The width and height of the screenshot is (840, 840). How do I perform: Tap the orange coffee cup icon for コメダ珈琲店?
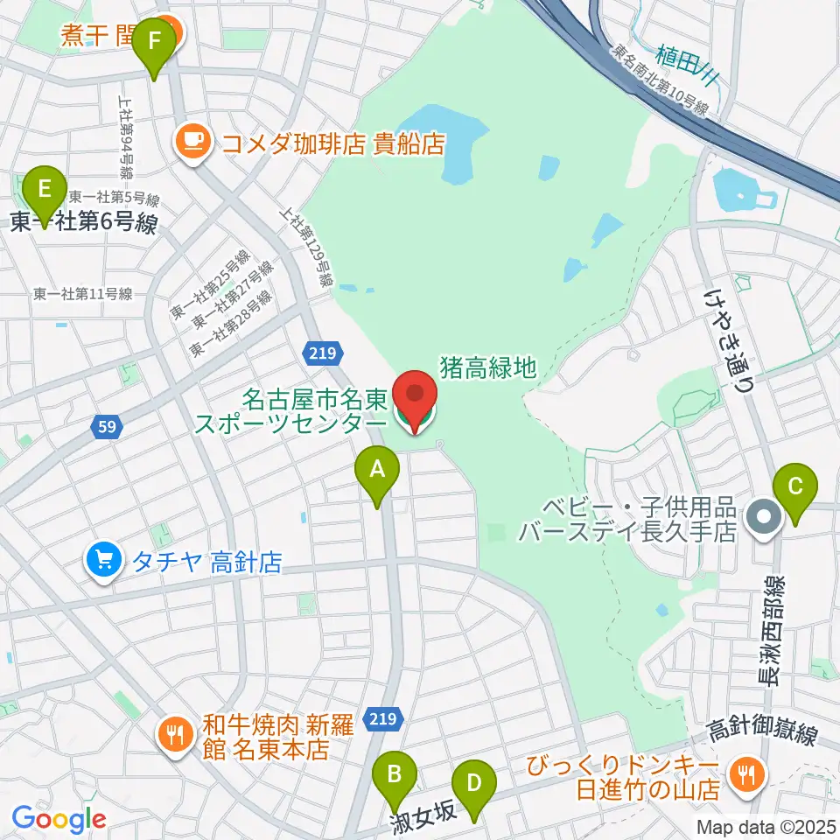point(192,140)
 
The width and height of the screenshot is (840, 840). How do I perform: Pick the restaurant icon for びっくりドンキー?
point(746,773)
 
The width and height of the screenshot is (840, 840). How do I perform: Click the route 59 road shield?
point(106,428)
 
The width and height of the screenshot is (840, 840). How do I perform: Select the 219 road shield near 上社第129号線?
point(318,352)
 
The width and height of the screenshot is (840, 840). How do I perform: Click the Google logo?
point(59,819)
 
